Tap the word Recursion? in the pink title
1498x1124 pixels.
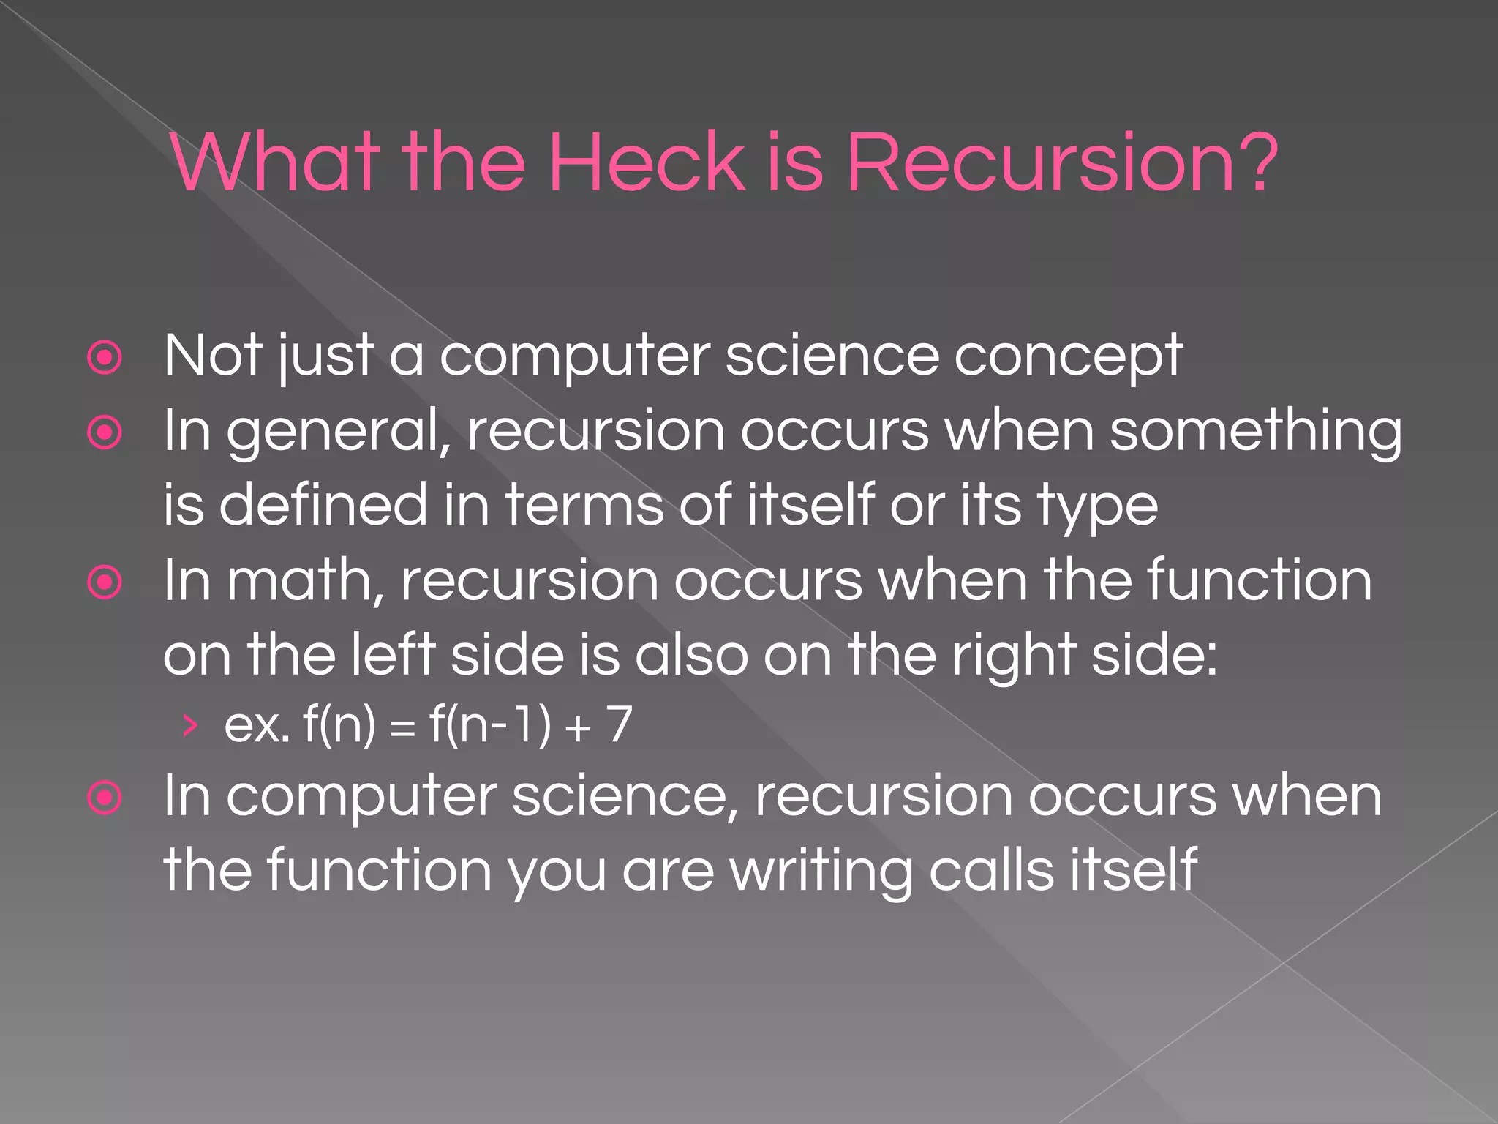[x=1061, y=162]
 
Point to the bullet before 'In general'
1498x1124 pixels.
[x=105, y=433]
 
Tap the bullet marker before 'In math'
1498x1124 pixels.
[x=105, y=582]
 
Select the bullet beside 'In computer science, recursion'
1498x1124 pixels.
[x=105, y=798]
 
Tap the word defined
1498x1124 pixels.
[x=323, y=505]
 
